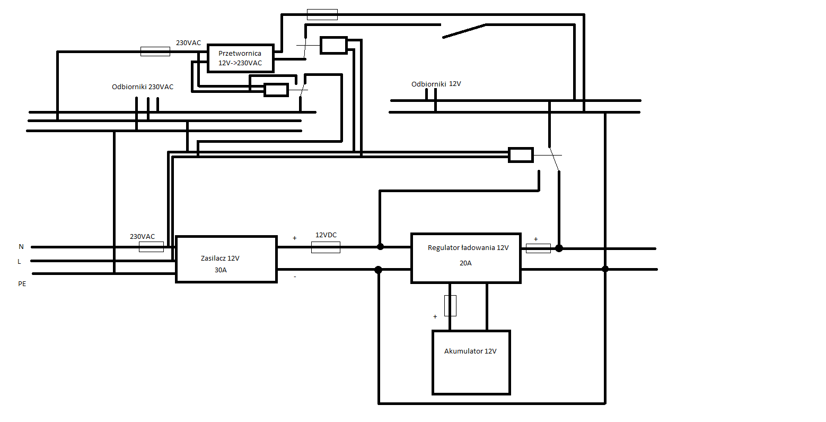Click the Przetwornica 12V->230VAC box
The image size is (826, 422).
240,58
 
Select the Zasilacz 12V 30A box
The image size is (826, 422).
226,259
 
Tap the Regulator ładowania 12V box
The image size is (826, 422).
466,258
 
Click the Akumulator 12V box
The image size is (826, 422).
471,363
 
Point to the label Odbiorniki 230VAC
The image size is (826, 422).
143,87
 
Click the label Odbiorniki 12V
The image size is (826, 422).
436,84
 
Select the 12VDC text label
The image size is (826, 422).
326,235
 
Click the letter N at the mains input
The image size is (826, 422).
21,247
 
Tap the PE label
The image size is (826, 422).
22,284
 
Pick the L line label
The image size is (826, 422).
20,261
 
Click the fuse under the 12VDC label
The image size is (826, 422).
326,247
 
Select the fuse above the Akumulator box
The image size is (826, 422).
450,305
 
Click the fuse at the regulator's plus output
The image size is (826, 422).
538,248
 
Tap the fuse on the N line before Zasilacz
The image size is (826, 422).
151,247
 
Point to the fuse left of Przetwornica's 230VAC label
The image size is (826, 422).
155,51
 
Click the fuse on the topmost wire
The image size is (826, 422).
322,14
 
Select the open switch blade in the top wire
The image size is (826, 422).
464,31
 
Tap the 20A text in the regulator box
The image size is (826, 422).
465,262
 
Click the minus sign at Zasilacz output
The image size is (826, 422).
295,277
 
